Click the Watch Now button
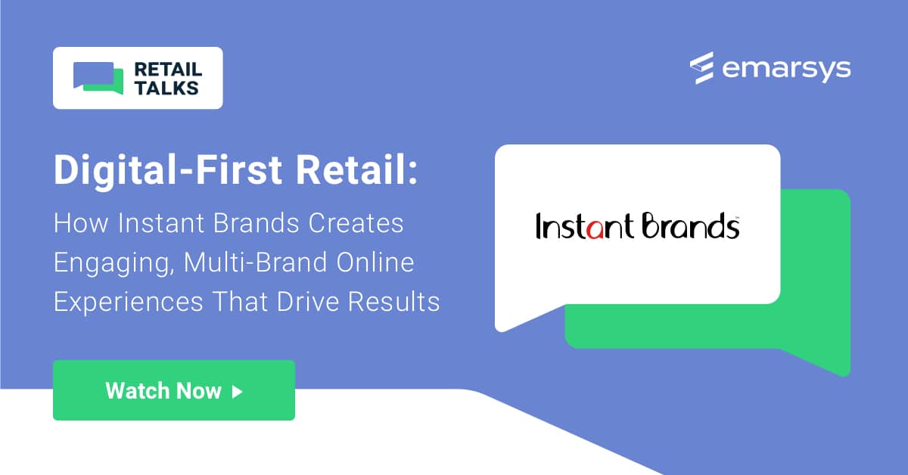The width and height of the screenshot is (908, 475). click(173, 390)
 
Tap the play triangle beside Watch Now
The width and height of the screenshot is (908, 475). click(238, 391)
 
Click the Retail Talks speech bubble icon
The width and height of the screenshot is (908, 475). click(98, 79)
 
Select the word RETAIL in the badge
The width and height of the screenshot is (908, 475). click(167, 70)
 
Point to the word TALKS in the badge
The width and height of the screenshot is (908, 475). click(166, 88)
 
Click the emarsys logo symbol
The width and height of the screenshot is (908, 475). click(702, 68)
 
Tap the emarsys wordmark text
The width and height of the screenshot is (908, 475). click(786, 69)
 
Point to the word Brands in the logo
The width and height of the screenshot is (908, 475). click(690, 226)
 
